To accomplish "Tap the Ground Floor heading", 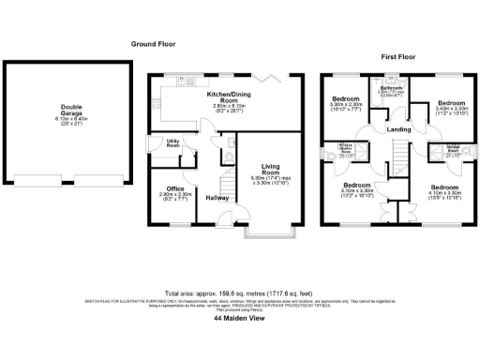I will pyautogui.click(x=154, y=44).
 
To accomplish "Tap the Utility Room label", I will pyautogui.click(x=173, y=142).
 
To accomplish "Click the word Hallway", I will pyautogui.click(x=218, y=198).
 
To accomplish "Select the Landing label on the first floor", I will pyautogui.click(x=398, y=129).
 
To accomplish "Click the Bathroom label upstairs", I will pyautogui.click(x=390, y=90).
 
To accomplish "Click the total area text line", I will pyautogui.click(x=240, y=292).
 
